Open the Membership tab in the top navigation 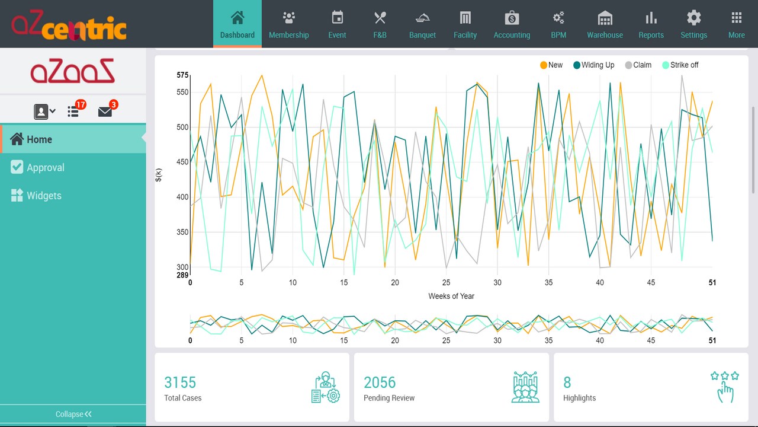[288, 24]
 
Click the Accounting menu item [512, 24]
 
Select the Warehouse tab [605, 24]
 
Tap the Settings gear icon [693, 18]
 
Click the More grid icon [736, 18]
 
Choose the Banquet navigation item [422, 24]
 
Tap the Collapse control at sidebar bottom [73, 414]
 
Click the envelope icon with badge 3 [105, 111]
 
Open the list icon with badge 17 [73, 111]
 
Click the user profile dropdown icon [44, 111]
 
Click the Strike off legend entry [680, 65]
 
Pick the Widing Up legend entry [594, 65]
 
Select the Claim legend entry [638, 65]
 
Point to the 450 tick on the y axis [182, 162]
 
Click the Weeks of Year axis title [451, 296]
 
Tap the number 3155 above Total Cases [180, 383]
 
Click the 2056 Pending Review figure [380, 383]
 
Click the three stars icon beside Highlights [725, 376]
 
